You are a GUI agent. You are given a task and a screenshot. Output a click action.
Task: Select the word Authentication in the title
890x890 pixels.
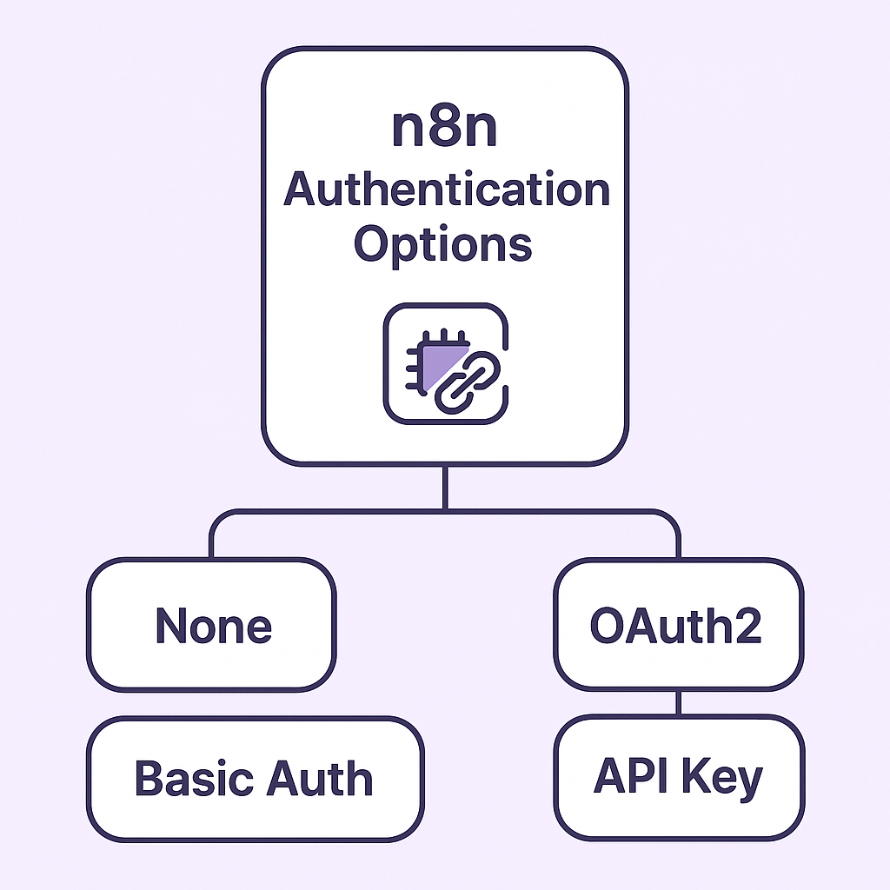click(447, 189)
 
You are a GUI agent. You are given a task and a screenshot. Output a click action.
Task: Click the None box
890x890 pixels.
click(211, 625)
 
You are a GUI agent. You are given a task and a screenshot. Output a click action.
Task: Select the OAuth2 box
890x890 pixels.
click(678, 625)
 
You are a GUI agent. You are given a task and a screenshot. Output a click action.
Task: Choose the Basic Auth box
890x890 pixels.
click(255, 778)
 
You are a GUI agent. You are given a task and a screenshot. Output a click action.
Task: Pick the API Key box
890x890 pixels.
click(678, 778)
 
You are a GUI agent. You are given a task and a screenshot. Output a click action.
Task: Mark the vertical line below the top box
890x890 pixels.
click(445, 488)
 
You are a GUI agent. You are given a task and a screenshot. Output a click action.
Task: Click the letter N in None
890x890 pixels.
click(171, 625)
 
